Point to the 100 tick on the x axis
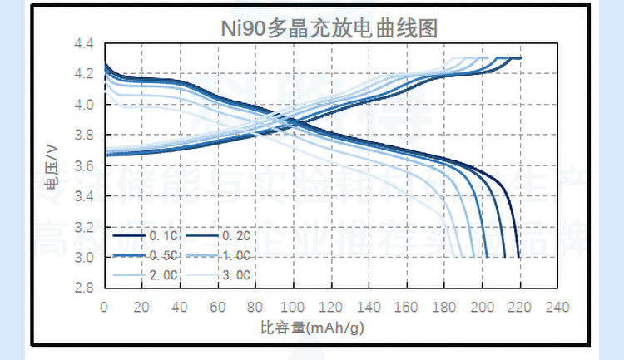[293, 306]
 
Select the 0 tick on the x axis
[103, 306]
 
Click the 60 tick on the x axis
[217, 306]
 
